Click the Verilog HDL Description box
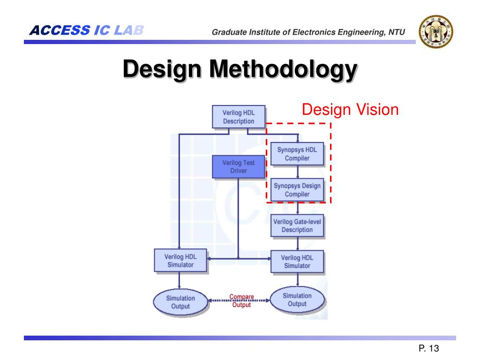(238, 117)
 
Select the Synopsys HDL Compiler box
(297, 154)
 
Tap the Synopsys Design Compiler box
(297, 190)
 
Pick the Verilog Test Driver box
(238, 167)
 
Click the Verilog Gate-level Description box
(297, 225)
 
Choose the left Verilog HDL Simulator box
(180, 261)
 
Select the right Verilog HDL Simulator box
(297, 262)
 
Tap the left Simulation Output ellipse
(180, 302)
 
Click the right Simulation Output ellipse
(297, 300)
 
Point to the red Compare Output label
(241, 300)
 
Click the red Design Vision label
(350, 110)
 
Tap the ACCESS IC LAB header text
(86, 31)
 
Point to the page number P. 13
(428, 348)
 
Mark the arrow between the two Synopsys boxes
(298, 172)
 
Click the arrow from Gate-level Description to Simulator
(298, 244)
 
